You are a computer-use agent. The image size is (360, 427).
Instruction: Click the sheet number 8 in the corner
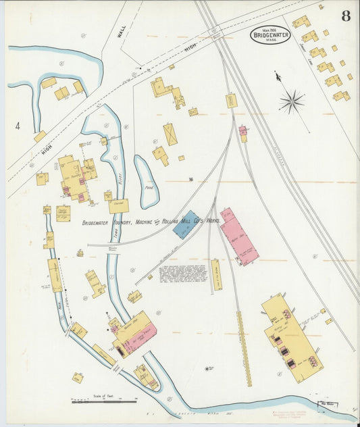coord(345,16)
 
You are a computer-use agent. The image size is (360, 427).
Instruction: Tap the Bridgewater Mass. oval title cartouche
coord(270,34)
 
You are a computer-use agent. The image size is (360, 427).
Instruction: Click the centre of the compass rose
coord(292,103)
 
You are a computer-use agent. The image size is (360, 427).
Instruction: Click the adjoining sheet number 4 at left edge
coord(18,125)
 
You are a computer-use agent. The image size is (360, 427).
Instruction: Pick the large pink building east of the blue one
coord(238,236)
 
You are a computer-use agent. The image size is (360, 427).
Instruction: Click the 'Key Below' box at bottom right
coord(346,407)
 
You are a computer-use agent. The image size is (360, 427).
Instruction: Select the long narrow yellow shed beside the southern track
coord(244,348)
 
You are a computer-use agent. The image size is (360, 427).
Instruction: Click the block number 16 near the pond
coord(191,179)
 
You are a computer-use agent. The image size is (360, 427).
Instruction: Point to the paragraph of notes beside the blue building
coord(182,274)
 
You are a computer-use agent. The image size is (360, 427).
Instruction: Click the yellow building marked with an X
coord(170,134)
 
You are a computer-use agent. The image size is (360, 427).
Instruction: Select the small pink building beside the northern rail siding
coord(242,133)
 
